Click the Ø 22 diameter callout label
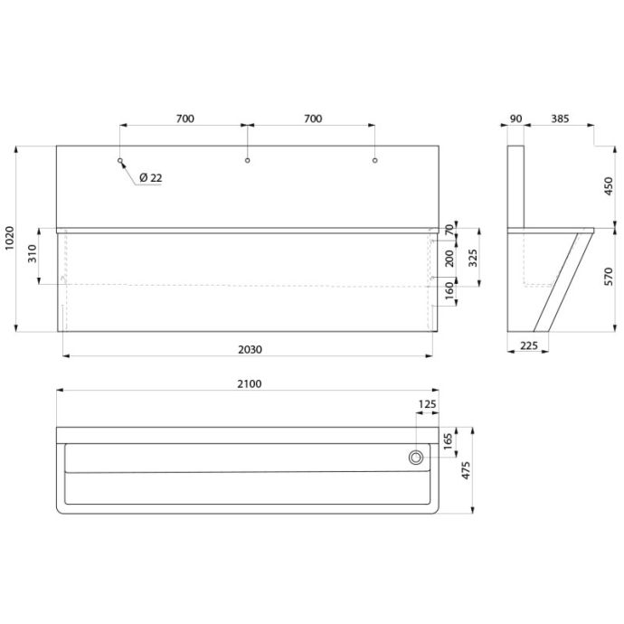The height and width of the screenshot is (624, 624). pos(151,178)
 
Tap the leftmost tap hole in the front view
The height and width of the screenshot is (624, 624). pos(120,160)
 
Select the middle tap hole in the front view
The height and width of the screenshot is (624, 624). pos(248,160)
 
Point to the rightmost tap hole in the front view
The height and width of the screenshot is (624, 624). pos(375,160)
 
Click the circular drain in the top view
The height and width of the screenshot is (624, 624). pos(416,458)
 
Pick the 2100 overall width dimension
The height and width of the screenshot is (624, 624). pos(250,384)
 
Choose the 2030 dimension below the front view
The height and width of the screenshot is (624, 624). pos(250,349)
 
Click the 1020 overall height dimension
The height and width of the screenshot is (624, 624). pos(9,238)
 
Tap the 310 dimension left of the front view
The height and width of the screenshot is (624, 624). pos(33,253)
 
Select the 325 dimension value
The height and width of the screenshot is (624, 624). pos(472,258)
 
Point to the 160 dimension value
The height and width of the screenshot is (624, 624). pos(449,291)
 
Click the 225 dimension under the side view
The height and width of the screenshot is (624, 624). pos(529,345)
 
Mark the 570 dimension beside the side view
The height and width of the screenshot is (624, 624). pos(609,277)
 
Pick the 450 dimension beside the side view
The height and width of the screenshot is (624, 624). pos(609,186)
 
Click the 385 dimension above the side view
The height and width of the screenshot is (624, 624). pos(560,118)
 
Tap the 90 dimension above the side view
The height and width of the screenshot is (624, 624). pos(515,118)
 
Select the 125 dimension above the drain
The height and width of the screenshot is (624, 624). pos(428,404)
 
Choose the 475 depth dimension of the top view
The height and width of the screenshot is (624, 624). pos(466,470)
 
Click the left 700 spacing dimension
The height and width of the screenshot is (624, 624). pos(185,118)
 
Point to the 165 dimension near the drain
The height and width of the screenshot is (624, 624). pos(448,441)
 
